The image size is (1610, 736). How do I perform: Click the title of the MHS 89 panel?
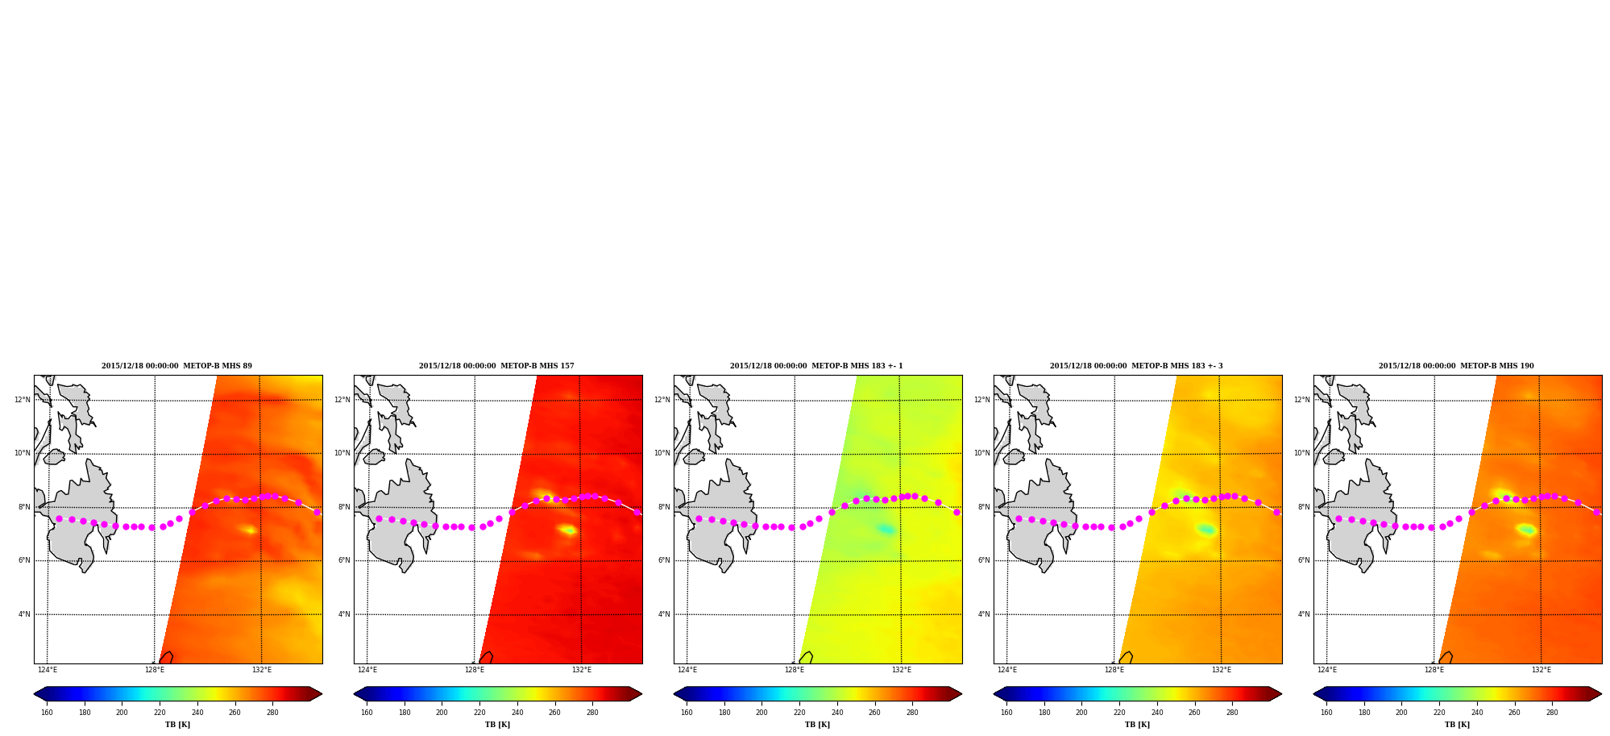coord(176,366)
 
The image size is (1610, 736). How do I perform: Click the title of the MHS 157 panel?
coord(496,366)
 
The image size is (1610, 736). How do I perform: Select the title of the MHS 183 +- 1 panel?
coord(816,366)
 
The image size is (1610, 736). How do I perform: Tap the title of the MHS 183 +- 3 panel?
coord(1136,366)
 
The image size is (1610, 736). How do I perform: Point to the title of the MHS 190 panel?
coord(1456,366)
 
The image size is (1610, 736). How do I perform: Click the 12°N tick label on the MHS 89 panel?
coord(23,400)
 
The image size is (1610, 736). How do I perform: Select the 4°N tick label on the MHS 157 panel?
coord(344,614)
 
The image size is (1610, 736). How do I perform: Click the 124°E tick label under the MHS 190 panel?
coord(1327,670)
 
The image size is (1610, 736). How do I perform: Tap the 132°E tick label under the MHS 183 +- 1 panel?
coord(902,670)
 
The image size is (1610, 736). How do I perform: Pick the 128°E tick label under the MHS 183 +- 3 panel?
coord(1114,670)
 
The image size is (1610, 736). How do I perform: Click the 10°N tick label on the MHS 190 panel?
coord(1302,453)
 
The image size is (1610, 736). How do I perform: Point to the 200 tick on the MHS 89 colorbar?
coord(122,713)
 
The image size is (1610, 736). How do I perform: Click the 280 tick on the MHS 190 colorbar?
coord(1552,713)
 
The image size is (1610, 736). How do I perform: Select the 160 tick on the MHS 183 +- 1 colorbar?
coord(687,713)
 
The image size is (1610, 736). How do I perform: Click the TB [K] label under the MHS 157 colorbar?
coord(497,725)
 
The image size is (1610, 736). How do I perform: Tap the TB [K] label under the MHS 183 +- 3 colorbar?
coord(1137,725)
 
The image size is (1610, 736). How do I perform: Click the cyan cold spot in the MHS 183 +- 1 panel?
coord(886,529)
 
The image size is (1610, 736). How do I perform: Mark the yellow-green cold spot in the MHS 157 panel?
coord(569,530)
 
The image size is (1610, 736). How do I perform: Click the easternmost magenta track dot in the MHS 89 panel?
coord(317,512)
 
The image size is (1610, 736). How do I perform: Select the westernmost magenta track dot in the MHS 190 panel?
coord(1338,518)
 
